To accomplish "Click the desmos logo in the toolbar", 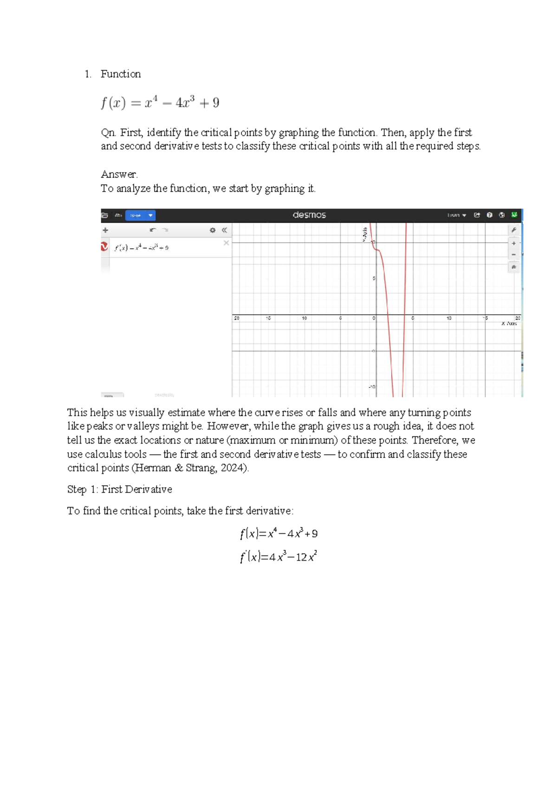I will (309, 215).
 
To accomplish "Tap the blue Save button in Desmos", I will (136, 215).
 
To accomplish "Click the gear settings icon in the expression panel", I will (213, 230).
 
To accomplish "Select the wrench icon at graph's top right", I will (514, 230).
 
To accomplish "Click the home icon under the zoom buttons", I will (514, 267).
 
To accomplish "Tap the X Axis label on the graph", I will (509, 323).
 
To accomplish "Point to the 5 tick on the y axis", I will (374, 278).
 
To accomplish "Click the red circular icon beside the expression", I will (105, 246).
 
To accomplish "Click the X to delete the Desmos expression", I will (226, 243).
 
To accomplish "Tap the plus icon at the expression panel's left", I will (105, 230).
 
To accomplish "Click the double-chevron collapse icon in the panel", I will (224, 230).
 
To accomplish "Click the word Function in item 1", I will (121, 74).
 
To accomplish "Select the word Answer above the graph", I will (119, 174).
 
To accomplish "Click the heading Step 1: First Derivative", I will (119, 489).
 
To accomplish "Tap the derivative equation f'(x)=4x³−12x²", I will (278, 556).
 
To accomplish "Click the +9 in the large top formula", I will (209, 103).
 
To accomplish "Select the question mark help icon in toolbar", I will (489, 215).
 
